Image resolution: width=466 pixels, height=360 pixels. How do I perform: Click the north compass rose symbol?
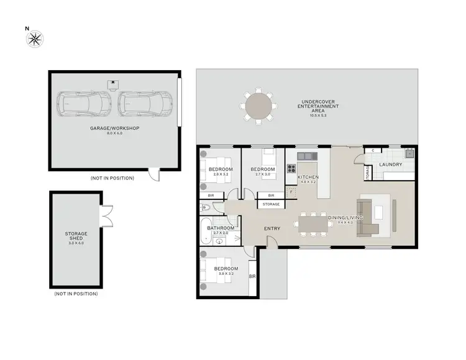[x=35, y=40]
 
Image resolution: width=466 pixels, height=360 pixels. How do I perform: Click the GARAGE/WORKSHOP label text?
[x=114, y=128]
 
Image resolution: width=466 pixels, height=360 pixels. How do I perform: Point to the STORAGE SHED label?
[x=76, y=236]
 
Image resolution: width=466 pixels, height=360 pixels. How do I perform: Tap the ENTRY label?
[x=272, y=228]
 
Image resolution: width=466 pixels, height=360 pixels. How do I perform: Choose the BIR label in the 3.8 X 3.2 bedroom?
[x=252, y=276]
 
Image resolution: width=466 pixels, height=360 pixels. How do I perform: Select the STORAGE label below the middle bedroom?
[x=271, y=204]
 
